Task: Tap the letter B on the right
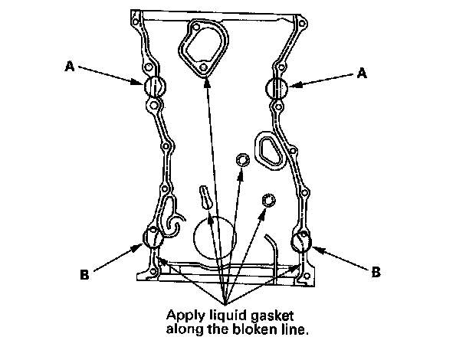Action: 376,271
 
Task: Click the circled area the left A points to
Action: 154,87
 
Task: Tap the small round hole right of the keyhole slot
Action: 268,200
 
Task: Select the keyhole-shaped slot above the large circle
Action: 205,196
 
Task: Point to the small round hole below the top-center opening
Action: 243,159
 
